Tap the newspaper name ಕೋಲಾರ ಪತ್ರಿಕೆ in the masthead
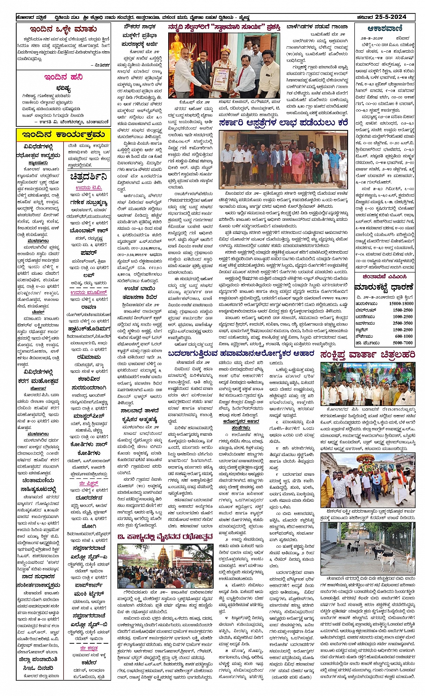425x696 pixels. (x=30, y=18)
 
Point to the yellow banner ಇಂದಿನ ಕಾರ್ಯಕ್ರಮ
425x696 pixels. (x=63, y=134)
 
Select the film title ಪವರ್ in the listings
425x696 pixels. (x=89, y=253)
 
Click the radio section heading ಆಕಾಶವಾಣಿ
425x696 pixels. (x=384, y=28)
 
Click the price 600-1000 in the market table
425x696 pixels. (x=403, y=336)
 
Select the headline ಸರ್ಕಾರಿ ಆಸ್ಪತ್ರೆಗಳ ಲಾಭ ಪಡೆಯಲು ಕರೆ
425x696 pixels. (x=283, y=123)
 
